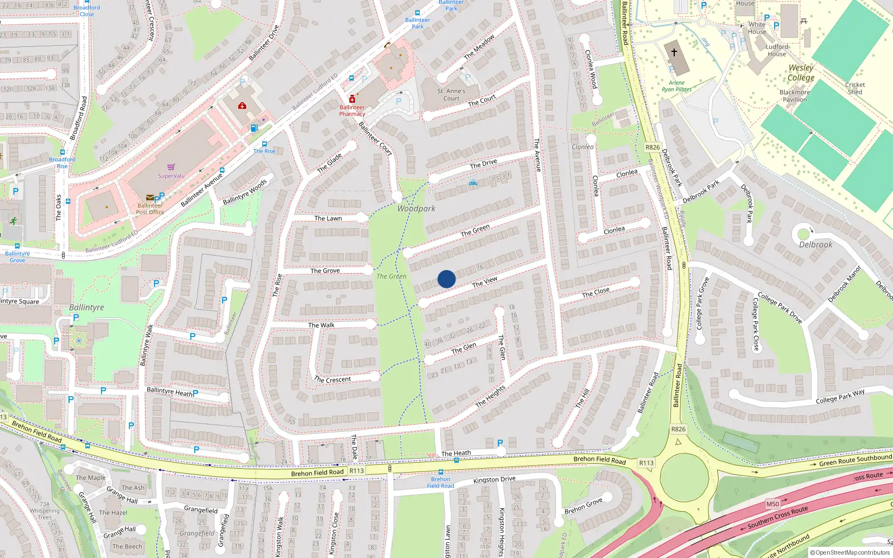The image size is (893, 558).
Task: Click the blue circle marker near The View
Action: click(446, 279)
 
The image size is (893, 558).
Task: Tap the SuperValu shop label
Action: click(171, 176)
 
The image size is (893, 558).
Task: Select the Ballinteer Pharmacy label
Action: click(352, 110)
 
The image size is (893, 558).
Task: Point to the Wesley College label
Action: click(801, 73)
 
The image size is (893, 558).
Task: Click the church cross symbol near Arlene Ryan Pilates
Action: click(674, 52)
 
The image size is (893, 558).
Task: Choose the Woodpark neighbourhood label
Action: click(416, 209)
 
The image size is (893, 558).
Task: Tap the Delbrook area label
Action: click(815, 244)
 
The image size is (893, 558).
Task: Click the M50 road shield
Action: click(772, 504)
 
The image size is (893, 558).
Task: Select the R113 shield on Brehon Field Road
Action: click(357, 471)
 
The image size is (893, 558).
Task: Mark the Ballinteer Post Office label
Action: click(150, 209)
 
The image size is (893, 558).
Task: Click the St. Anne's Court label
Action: click(451, 95)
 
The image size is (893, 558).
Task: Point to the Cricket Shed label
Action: click(855, 88)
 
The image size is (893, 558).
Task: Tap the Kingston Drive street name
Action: click(494, 479)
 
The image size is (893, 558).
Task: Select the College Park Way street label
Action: click(840, 396)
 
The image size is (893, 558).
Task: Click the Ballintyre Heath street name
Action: click(169, 392)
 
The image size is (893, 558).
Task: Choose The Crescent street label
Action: click(333, 380)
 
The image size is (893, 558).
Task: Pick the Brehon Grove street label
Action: click(583, 506)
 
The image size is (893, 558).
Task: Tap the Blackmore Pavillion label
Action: click(795, 96)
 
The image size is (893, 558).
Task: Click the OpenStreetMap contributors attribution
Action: click(850, 552)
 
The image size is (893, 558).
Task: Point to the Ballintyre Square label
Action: click(20, 302)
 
